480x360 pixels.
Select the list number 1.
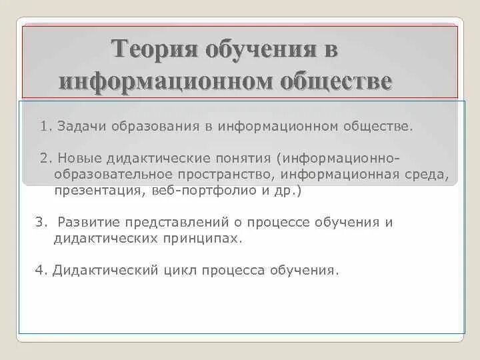point(44,126)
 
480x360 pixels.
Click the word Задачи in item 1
point(79,126)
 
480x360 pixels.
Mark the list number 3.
point(39,223)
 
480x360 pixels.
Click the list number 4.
point(39,271)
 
